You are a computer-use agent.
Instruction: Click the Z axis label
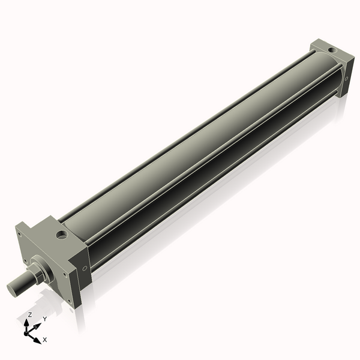click(29, 315)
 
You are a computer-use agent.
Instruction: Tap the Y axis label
click(45, 319)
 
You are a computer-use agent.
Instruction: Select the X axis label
click(45, 340)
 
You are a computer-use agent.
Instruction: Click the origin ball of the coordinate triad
click(26, 334)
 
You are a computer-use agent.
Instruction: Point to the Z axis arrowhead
click(26, 322)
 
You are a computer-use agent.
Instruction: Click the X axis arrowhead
click(37, 340)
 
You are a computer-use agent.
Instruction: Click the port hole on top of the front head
click(62, 235)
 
